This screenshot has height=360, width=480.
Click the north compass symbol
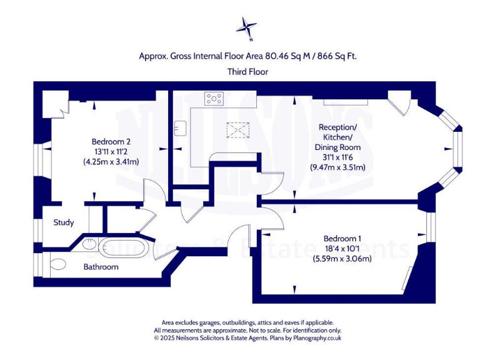[247, 27]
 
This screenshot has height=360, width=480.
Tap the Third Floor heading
[248, 72]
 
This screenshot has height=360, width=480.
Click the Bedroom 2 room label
[111, 141]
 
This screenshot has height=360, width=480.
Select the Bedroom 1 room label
[342, 238]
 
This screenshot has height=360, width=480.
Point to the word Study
[64, 222]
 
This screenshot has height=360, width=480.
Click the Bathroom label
[101, 267]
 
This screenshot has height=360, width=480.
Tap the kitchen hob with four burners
[214, 98]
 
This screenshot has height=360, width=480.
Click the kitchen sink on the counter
[181, 127]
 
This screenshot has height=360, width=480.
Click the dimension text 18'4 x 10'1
[342, 248]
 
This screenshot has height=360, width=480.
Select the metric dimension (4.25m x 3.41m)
[111, 162]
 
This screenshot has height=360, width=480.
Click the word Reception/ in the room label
[337, 127]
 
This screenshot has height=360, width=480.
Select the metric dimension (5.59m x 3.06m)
[342, 258]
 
